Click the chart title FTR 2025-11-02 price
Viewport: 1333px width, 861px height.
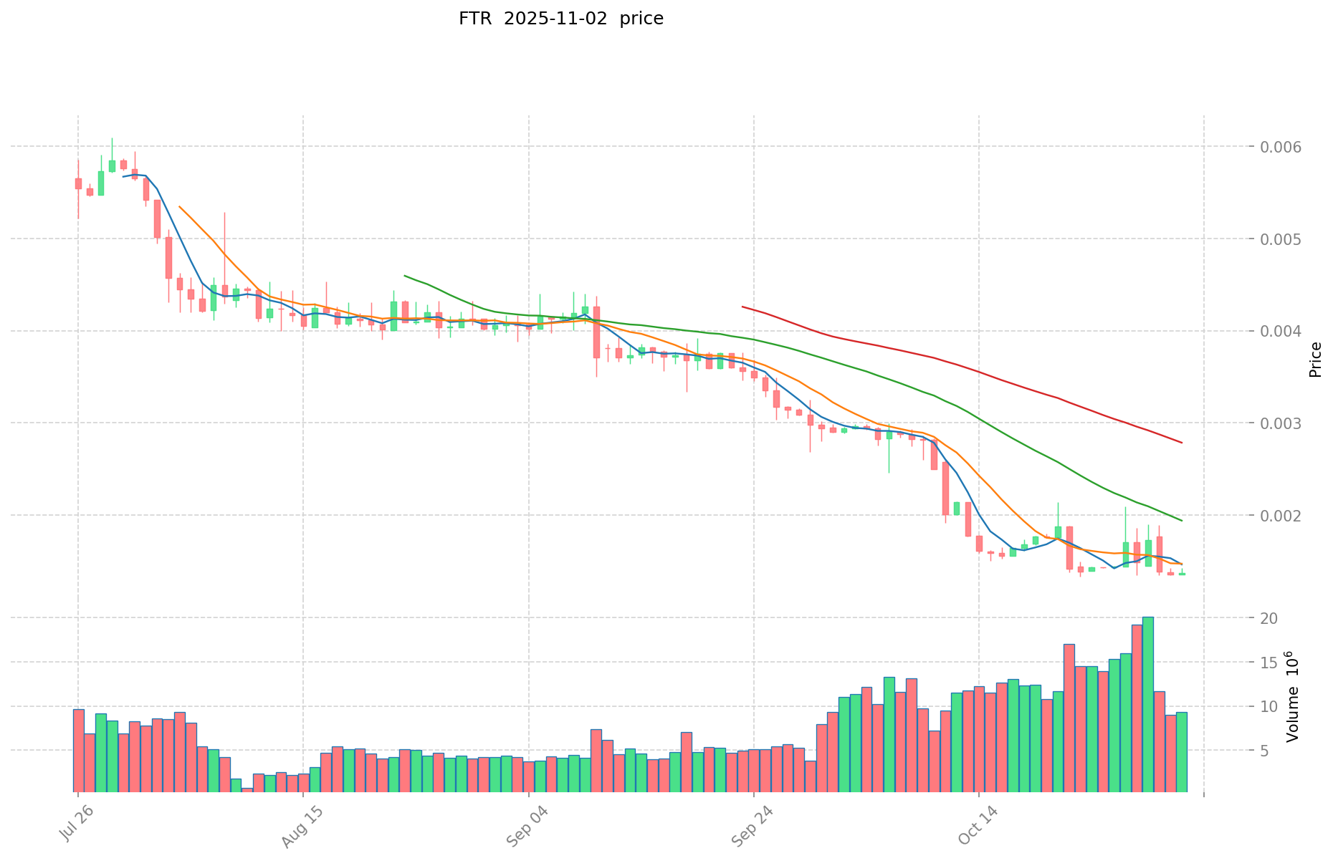[560, 19]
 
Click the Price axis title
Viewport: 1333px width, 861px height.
[1315, 359]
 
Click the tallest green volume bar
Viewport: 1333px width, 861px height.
[1148, 704]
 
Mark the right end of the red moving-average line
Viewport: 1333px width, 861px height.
[1182, 443]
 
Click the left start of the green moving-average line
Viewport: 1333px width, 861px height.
[405, 275]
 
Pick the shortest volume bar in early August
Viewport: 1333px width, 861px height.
[247, 789]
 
